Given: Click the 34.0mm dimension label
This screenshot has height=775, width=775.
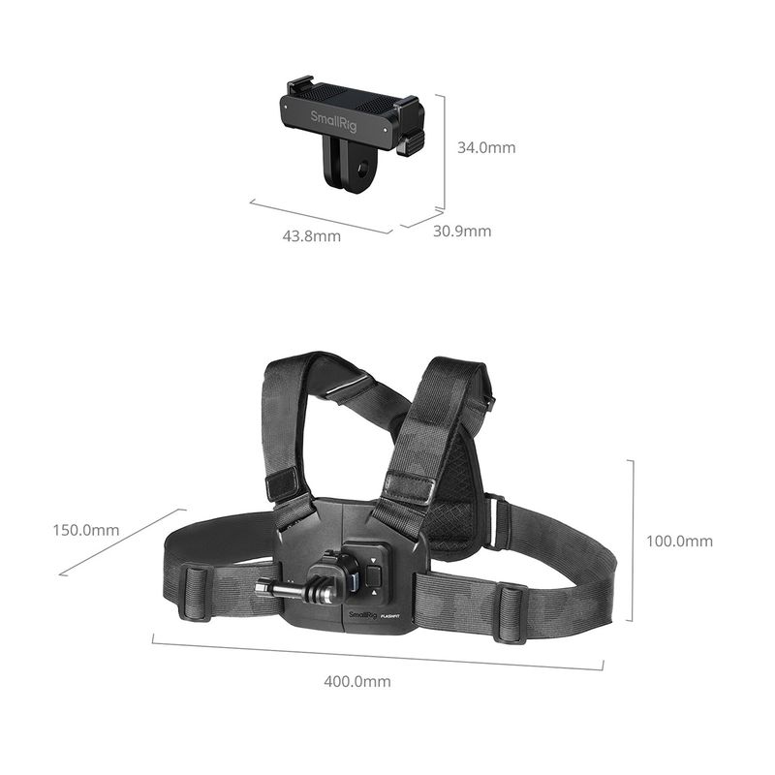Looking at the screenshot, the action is pos(486,147).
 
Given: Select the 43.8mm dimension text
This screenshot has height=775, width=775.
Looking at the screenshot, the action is pos(311,235).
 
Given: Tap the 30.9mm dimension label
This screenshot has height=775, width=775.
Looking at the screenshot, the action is pos(462,231).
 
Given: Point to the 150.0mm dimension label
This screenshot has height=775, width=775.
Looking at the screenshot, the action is pos(86,530).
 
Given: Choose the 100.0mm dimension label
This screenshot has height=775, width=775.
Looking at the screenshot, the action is pos(680,541).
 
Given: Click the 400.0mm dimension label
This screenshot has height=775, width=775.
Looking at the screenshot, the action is pos(357,682).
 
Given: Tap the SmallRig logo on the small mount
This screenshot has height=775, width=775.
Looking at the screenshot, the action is pos(333,121).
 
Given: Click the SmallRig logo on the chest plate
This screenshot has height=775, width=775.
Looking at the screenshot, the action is pos(362,615).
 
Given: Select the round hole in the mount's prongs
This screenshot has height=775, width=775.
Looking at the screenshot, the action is pos(364,171).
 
